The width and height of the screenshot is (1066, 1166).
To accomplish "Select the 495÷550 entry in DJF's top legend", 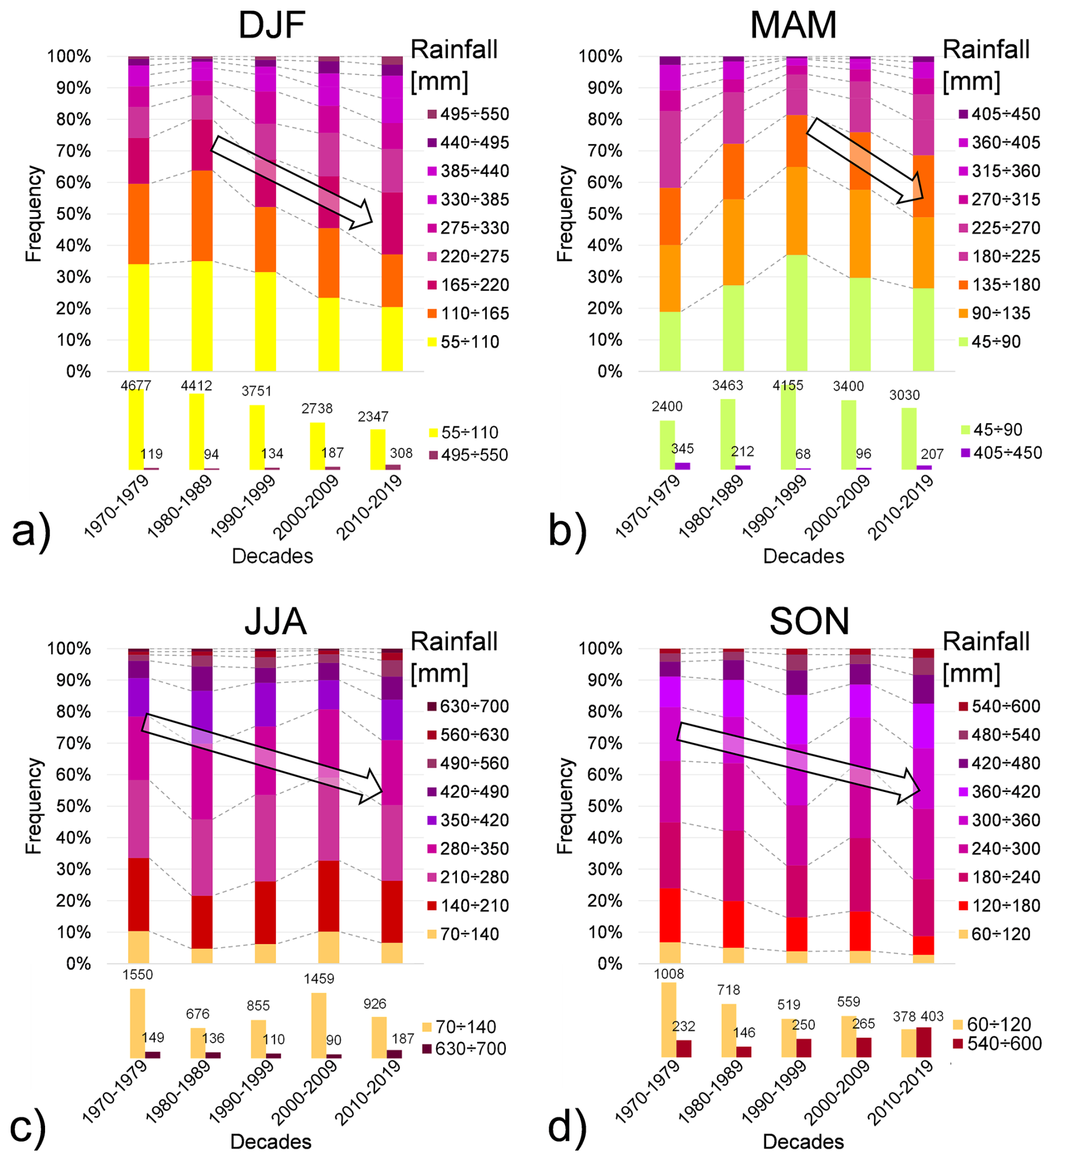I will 474,114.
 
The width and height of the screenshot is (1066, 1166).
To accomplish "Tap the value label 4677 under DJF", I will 136,385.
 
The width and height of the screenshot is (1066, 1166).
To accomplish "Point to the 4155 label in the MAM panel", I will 788,385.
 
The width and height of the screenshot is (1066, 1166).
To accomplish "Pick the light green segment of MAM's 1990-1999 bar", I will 797,312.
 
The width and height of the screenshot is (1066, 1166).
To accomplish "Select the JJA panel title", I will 276,622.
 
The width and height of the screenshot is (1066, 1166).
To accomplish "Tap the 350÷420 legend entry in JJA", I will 474,820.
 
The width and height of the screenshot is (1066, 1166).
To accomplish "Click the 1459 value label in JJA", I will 319,978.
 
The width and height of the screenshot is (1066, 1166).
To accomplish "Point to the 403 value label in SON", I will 932,1016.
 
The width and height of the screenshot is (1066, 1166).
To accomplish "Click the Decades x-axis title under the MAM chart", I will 803,556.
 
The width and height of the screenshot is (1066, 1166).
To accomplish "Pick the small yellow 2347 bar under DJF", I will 377,450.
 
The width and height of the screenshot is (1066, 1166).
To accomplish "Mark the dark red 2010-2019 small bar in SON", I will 923,1042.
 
